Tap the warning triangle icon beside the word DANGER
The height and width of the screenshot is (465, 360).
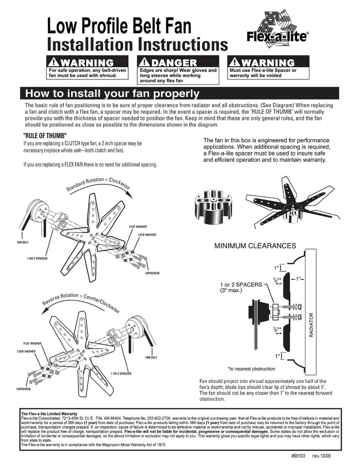[144, 62]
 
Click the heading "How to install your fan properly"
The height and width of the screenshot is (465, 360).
[112, 93]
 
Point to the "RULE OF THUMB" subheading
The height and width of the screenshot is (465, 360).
[45, 136]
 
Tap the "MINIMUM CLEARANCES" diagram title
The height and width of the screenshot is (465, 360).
[255, 246]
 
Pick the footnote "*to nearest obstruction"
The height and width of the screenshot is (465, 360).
[251, 369]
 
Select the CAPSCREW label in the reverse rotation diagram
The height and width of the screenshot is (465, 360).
[23, 389]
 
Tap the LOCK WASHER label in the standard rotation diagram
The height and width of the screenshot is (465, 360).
[147, 235]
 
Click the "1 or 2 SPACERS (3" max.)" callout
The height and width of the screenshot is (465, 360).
[241, 287]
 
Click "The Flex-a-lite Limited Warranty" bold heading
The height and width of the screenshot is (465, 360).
[49, 414]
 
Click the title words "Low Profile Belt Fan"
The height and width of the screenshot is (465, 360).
[119, 28]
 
